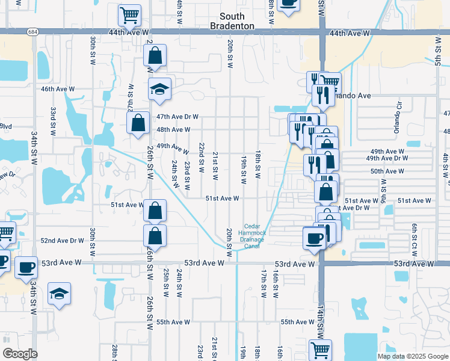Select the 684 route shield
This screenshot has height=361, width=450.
tap(32, 31)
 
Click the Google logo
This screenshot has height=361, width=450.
tap(20, 354)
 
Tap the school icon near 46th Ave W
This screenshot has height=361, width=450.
tap(159, 89)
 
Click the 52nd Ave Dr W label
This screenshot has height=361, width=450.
tap(63, 240)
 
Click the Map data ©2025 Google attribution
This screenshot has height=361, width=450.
tap(413, 356)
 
